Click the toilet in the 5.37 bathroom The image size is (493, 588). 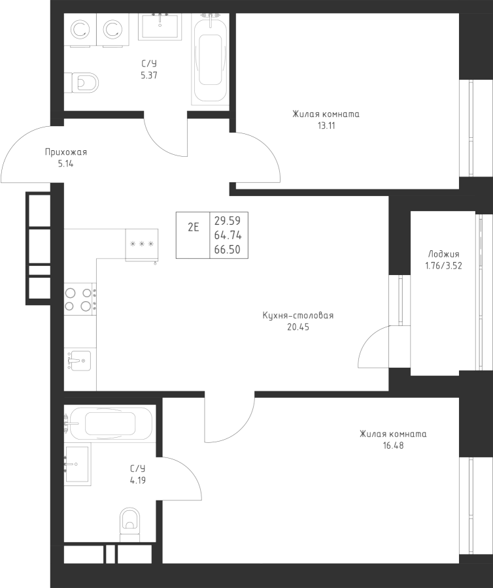(x=84, y=83)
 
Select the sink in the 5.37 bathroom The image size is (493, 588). (x=160, y=28)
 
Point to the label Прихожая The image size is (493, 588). (x=65, y=152)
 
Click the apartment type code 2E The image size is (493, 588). (x=194, y=227)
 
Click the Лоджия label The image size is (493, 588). (x=443, y=254)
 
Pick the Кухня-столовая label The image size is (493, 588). (x=297, y=316)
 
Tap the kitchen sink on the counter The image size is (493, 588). (x=79, y=359)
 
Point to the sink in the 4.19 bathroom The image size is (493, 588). (x=78, y=464)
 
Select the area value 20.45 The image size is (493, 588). (x=297, y=327)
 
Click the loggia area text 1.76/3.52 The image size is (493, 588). (x=443, y=265)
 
